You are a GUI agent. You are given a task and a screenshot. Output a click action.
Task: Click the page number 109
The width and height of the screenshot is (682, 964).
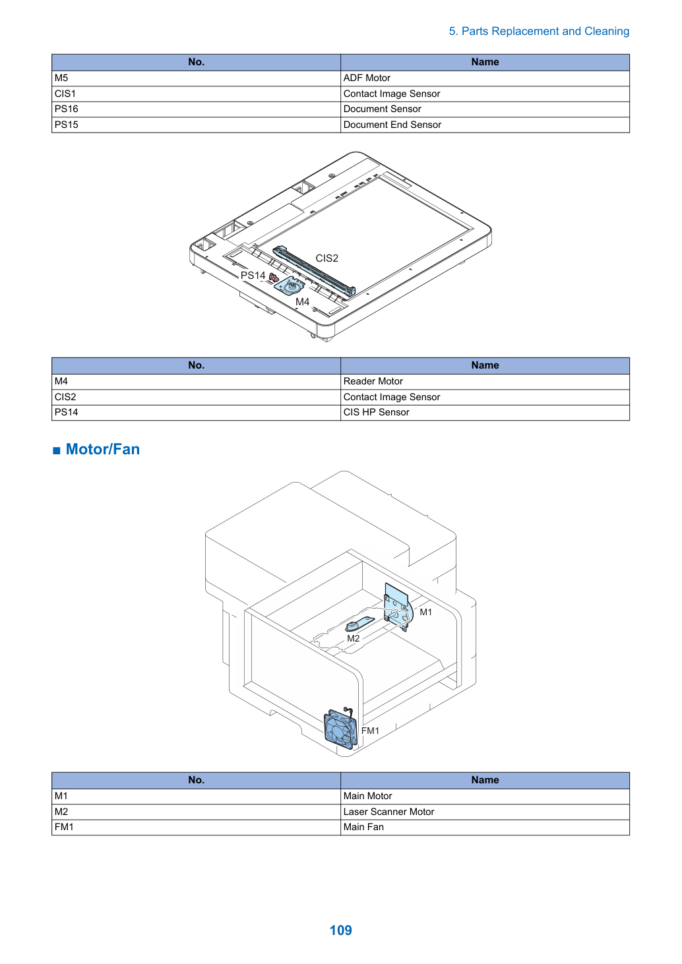click(340, 930)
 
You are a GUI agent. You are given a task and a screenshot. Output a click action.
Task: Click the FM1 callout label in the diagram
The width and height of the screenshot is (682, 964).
click(370, 731)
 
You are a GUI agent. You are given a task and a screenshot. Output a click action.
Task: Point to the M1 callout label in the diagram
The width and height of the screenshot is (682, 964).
click(425, 612)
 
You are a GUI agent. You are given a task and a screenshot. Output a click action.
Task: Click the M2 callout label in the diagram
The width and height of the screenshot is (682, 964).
click(353, 638)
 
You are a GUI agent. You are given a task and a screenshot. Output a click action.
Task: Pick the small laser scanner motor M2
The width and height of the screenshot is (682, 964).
click(359, 624)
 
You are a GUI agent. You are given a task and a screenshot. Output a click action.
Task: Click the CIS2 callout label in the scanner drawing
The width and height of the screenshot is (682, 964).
click(326, 258)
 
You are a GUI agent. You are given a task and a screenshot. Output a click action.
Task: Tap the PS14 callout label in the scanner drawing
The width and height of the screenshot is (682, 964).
click(253, 276)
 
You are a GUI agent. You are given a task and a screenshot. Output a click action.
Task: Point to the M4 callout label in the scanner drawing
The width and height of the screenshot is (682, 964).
click(302, 302)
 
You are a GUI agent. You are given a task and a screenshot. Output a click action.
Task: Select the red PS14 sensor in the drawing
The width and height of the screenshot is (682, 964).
click(274, 278)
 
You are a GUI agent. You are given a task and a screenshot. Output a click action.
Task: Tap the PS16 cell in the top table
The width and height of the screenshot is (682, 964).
click(196, 109)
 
